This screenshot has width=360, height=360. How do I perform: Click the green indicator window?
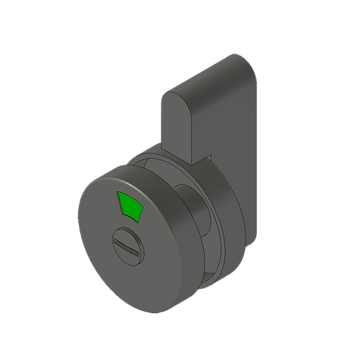[x=132, y=207]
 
